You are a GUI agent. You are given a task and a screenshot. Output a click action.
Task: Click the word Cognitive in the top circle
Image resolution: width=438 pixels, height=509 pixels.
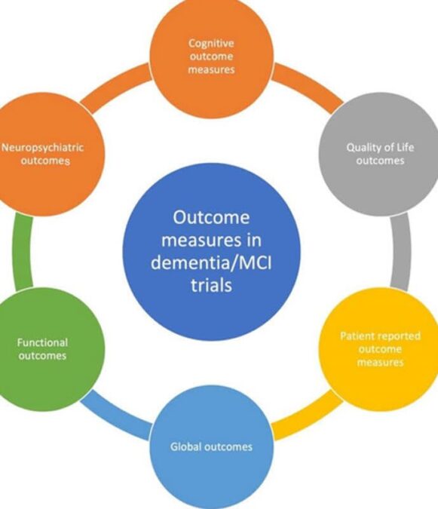211,44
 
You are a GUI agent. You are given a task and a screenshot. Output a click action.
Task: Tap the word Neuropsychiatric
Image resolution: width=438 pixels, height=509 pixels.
42,148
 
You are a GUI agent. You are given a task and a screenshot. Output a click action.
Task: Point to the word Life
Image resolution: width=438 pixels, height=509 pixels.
405,147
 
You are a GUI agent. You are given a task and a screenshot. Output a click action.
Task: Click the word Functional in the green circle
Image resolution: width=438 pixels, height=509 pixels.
42,342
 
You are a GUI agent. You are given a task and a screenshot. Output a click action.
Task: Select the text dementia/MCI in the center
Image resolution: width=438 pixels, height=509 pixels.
211,262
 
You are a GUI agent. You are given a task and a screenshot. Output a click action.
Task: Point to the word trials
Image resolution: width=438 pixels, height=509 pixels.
211,285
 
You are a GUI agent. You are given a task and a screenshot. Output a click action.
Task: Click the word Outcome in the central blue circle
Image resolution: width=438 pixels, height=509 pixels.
211,217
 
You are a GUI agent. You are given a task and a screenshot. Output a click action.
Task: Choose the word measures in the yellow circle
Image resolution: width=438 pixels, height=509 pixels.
380,362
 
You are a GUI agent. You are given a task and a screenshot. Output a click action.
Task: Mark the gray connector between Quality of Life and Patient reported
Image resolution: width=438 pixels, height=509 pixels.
401,251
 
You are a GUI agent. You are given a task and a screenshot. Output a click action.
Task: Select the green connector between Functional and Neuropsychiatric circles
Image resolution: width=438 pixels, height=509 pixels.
22,251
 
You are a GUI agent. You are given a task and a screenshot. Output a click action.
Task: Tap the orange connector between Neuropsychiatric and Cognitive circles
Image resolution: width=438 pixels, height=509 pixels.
115,87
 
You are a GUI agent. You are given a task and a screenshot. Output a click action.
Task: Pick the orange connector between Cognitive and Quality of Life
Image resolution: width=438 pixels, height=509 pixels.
308,87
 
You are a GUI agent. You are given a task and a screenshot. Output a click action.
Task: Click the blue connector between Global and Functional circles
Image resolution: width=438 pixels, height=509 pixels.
116,416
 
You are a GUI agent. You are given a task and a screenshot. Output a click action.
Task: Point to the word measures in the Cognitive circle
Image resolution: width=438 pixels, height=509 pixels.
211,70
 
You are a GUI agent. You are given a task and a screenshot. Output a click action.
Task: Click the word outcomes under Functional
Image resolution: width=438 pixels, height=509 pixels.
42,356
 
